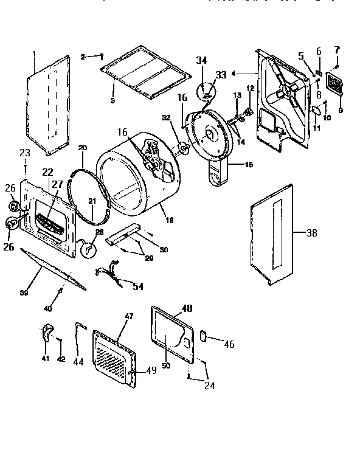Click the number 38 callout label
tap(311, 232)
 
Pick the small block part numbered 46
tap(204, 335)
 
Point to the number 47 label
tap(128, 316)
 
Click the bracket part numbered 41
tap(46, 332)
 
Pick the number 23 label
tap(24, 152)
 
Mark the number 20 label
tap(82, 148)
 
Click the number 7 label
tap(336, 49)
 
